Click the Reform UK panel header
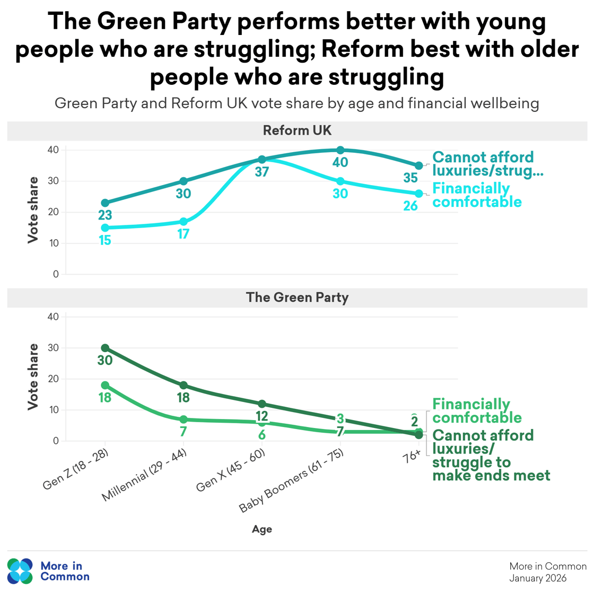tap(297, 131)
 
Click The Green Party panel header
tap(297, 298)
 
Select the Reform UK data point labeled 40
tap(340, 151)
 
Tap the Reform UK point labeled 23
tap(105, 203)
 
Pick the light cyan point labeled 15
tap(105, 228)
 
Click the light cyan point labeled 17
tap(184, 222)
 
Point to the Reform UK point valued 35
tap(419, 166)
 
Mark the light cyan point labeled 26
tap(419, 194)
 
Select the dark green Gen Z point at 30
tap(105, 348)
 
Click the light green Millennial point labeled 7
tap(184, 420)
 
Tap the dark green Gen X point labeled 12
tap(262, 404)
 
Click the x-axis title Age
tap(262, 529)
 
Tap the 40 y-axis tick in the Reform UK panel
tap(53, 150)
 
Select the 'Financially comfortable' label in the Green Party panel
tap(477, 411)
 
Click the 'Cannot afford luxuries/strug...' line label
tap(487, 164)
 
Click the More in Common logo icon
tap(20, 571)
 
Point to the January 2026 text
tap(538, 578)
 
